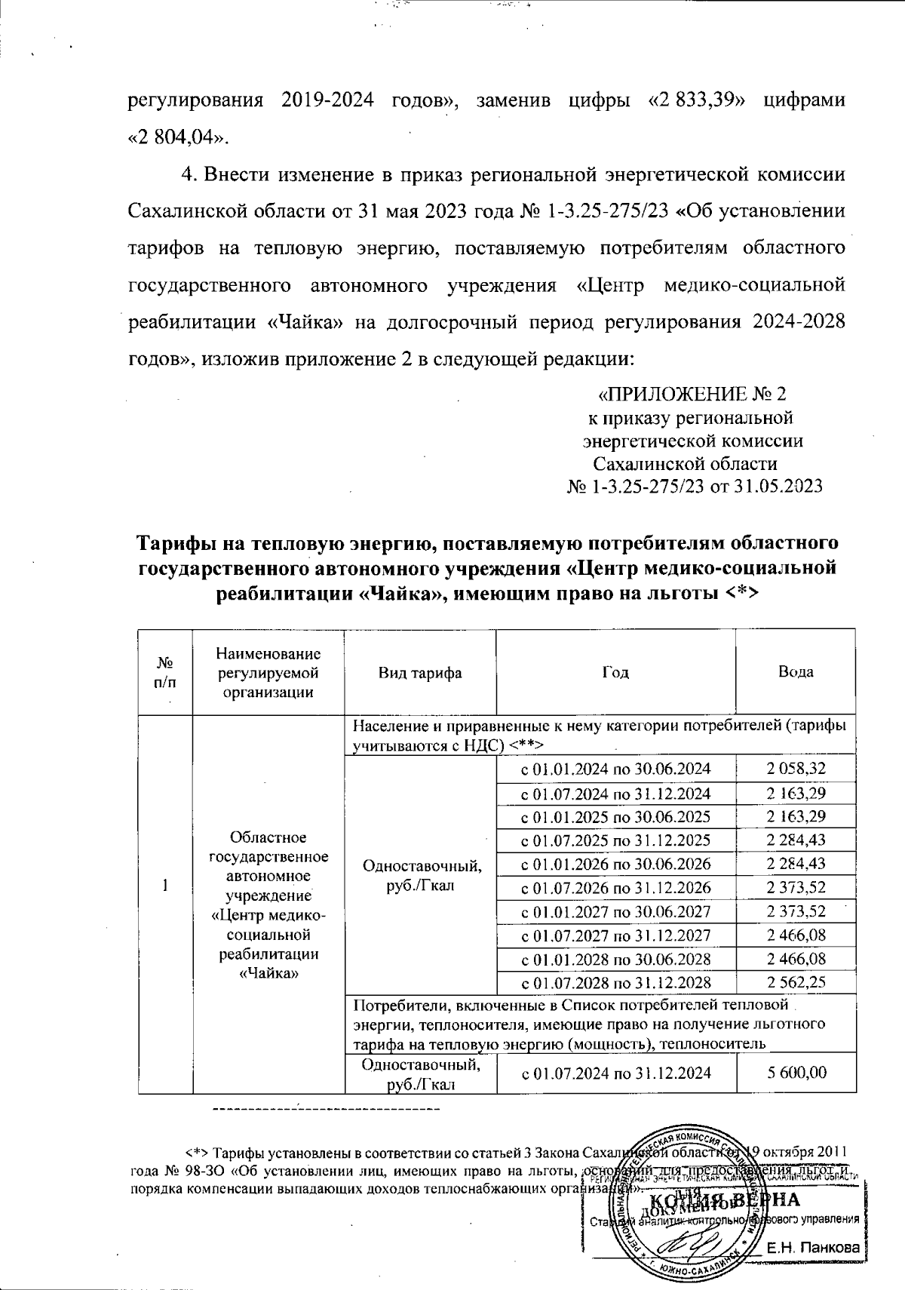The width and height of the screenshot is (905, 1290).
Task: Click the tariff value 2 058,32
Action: click(x=795, y=769)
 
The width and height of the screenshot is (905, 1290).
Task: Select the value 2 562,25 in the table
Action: click(x=795, y=982)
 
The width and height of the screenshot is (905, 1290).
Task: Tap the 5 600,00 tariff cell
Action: click(x=795, y=1072)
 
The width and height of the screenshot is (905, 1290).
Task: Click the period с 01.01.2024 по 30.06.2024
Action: click(x=615, y=769)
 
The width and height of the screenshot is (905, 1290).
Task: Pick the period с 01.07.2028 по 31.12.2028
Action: click(x=615, y=982)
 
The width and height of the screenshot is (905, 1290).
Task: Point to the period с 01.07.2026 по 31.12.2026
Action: click(x=615, y=888)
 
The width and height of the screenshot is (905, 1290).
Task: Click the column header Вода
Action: click(x=796, y=671)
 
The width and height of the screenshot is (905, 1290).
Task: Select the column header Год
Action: click(x=615, y=671)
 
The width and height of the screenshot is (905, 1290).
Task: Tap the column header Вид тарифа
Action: click(x=420, y=671)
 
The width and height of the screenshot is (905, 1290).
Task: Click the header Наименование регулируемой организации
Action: click(x=268, y=671)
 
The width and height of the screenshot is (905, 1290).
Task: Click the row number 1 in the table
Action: click(x=165, y=886)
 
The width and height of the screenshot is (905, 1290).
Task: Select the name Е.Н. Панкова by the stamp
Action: click(x=813, y=1249)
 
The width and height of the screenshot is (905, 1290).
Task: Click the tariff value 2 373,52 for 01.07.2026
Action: click(x=795, y=888)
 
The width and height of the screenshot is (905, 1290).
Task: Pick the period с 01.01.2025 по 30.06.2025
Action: click(x=615, y=817)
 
